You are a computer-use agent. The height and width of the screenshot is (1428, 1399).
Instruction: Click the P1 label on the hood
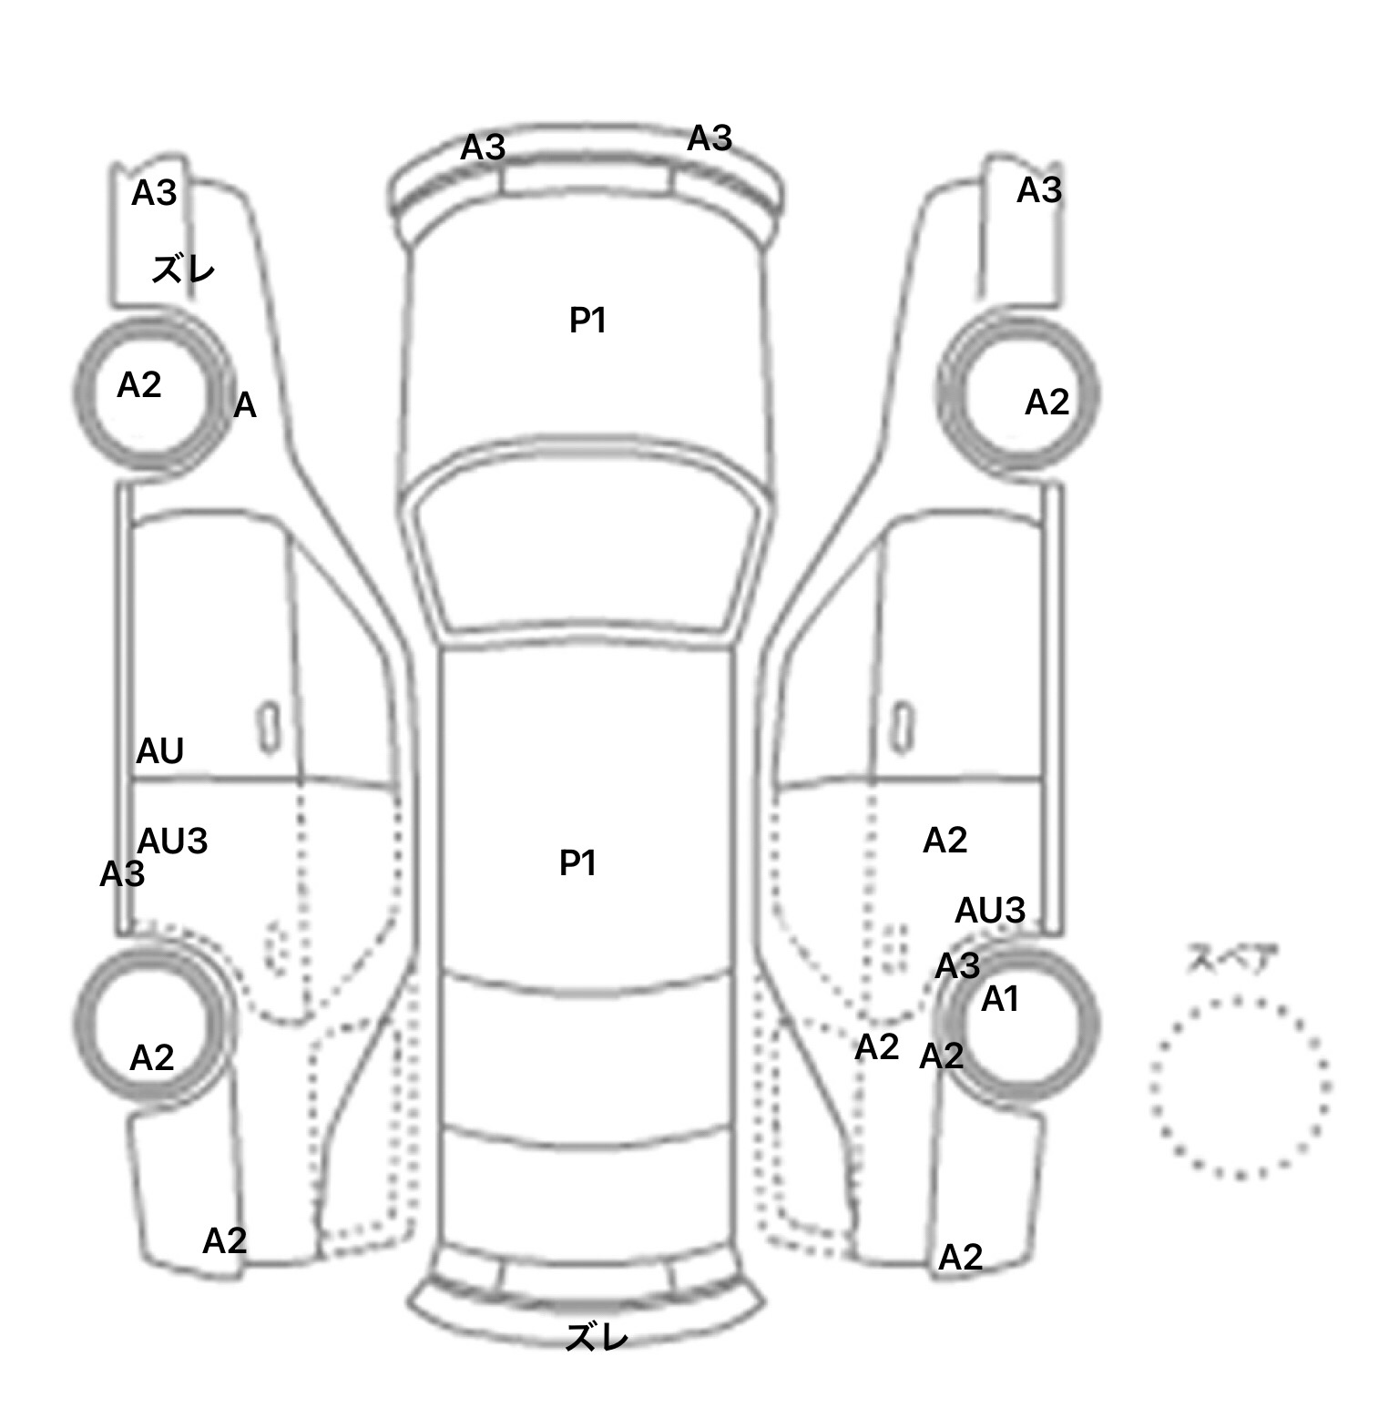(x=588, y=320)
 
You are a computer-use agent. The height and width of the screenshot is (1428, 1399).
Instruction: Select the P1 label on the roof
(x=577, y=862)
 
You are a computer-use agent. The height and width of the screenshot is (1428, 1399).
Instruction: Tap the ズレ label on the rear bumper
(x=597, y=1337)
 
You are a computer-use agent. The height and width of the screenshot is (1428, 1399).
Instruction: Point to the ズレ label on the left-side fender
(x=183, y=270)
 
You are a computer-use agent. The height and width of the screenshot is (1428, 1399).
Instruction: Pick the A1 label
(x=999, y=1000)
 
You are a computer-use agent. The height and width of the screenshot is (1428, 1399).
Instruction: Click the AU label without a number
(x=159, y=751)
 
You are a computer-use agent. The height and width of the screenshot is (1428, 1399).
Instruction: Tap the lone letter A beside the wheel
(x=245, y=405)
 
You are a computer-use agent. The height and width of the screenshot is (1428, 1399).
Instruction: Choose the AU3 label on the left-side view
(x=172, y=841)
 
